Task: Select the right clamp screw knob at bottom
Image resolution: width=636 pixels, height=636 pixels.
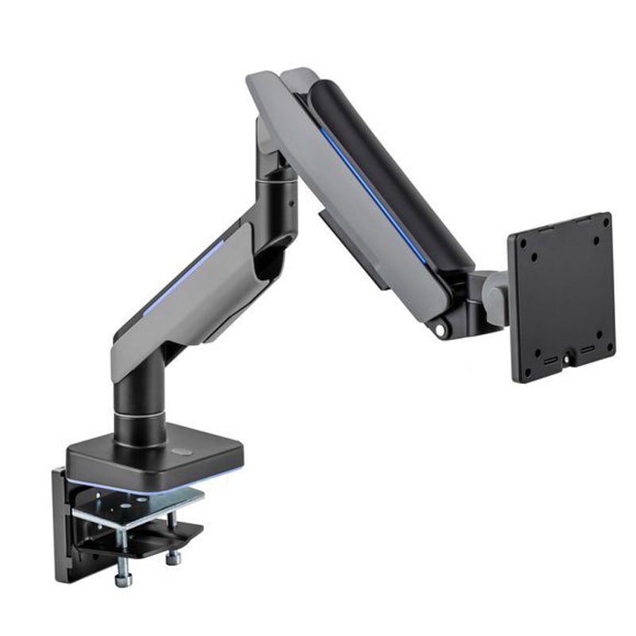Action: tap(173, 557)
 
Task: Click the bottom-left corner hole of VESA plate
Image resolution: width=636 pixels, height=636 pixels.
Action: tap(529, 352)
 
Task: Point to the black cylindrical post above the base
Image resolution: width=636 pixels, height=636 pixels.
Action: tap(140, 413)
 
